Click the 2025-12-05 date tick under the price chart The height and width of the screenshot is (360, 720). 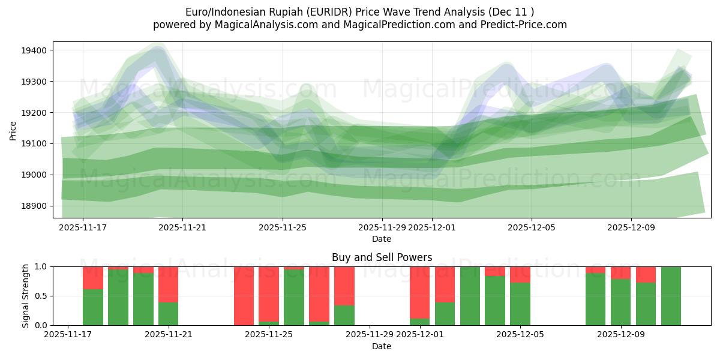tap(531, 228)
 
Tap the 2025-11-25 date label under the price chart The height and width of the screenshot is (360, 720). tap(283, 228)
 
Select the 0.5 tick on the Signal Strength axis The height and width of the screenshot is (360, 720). tap(43, 296)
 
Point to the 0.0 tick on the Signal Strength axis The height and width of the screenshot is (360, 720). tap(43, 326)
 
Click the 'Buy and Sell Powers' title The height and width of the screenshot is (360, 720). tap(382, 257)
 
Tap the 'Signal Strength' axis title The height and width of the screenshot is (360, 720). tap(26, 296)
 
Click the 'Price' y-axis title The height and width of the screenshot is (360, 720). tap(13, 130)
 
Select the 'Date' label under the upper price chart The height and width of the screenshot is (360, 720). tap(382, 239)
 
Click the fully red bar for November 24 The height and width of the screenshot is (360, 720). tap(244, 296)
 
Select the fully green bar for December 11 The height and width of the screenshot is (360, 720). tap(671, 296)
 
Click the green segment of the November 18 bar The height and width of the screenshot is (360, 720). tap(93, 307)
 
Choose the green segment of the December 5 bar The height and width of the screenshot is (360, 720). tap(520, 304)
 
